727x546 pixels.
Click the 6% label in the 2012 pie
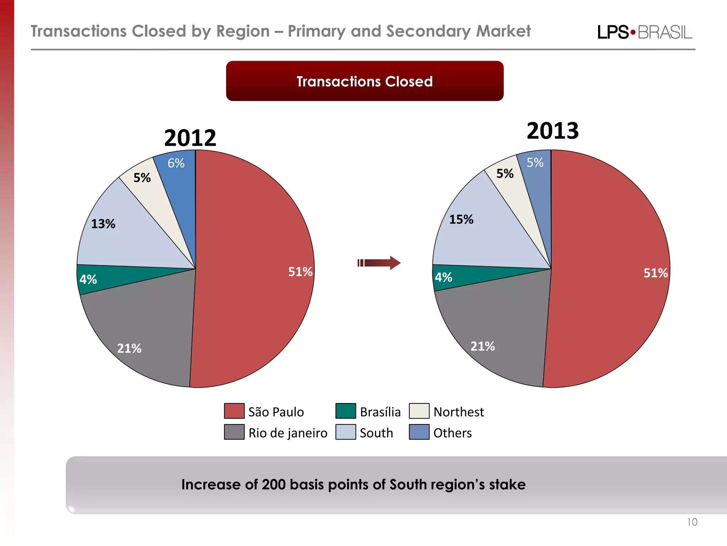[x=176, y=163]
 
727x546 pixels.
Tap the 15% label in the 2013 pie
[x=461, y=219]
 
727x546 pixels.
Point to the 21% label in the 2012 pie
[x=129, y=348]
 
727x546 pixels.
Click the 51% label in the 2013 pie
[x=655, y=273]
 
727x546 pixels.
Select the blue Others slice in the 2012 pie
[x=179, y=185]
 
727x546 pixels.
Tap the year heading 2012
[x=190, y=138]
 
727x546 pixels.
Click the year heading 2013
[x=552, y=131]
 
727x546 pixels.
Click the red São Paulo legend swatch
[x=234, y=411]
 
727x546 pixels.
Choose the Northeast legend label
[x=458, y=412]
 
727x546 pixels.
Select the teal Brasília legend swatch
[x=345, y=411]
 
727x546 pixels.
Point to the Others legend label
[x=452, y=433]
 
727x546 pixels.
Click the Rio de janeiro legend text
[x=288, y=433]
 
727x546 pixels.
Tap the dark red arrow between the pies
[x=379, y=263]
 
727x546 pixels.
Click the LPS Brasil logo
[x=644, y=32]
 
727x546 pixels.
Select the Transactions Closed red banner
[x=365, y=81]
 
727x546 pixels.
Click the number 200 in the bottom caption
[x=273, y=485]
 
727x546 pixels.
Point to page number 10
[x=692, y=522]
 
